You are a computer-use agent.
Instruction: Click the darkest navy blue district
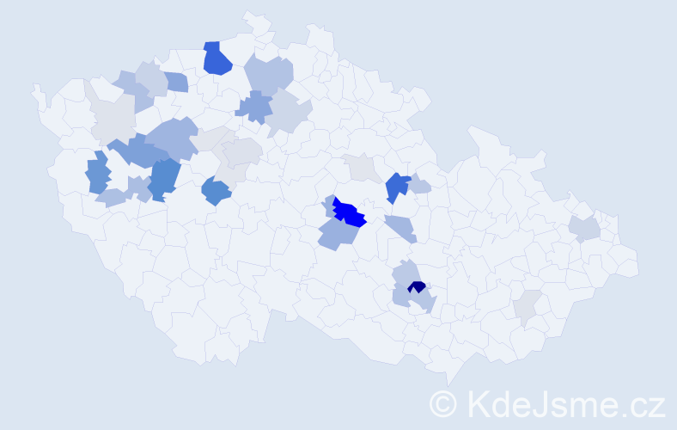tap(417, 287)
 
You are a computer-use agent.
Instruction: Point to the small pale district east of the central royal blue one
tap(419, 185)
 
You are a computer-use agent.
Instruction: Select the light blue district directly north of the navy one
tap(406, 273)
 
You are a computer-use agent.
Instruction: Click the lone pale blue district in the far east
tap(583, 228)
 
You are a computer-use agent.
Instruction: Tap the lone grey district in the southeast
tap(527, 304)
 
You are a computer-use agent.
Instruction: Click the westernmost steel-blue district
tap(98, 172)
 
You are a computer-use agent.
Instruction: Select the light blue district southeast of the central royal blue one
tap(401, 227)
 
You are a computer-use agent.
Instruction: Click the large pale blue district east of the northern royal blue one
tap(269, 74)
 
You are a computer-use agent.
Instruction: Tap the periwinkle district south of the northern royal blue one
tap(254, 107)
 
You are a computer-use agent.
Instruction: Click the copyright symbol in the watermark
tap(443, 403)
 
